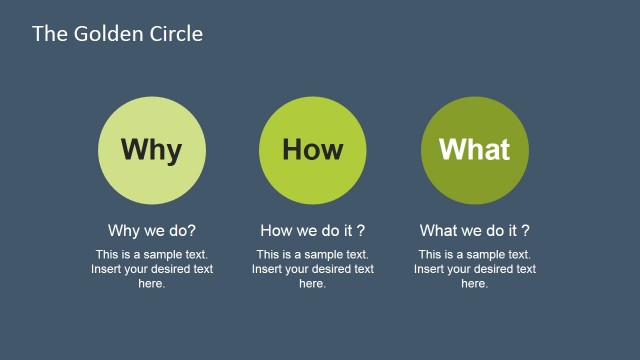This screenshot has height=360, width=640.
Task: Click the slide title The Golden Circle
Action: [x=117, y=34]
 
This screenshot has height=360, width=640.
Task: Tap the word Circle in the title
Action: [x=177, y=34]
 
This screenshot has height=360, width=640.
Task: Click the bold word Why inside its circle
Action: [x=152, y=150]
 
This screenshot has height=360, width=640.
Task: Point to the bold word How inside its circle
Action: [x=312, y=150]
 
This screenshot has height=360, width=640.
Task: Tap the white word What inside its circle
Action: [x=474, y=150]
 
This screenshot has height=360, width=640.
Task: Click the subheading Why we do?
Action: [x=152, y=230]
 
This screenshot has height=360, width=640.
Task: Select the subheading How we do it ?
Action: [x=312, y=230]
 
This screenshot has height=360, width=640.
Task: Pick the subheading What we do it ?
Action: [x=474, y=230]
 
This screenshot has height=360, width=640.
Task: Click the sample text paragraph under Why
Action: [x=152, y=269]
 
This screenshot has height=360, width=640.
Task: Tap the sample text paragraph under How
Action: [x=312, y=269]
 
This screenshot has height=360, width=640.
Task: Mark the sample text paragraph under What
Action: [x=474, y=269]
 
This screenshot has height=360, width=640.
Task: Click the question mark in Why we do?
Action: [x=192, y=230]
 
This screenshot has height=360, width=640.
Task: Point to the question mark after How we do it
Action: [x=361, y=230]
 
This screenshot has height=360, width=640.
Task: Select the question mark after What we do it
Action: [x=526, y=230]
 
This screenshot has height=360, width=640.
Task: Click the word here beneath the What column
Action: [x=474, y=284]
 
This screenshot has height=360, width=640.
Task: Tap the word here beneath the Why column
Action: [x=151, y=284]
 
